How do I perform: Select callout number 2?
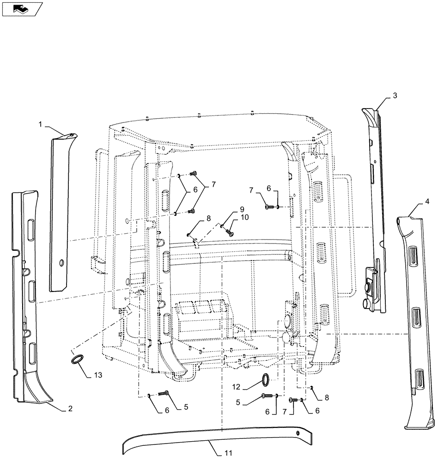click(70, 408)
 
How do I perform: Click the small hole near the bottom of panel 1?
click(61, 263)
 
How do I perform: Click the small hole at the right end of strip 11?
click(298, 433)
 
